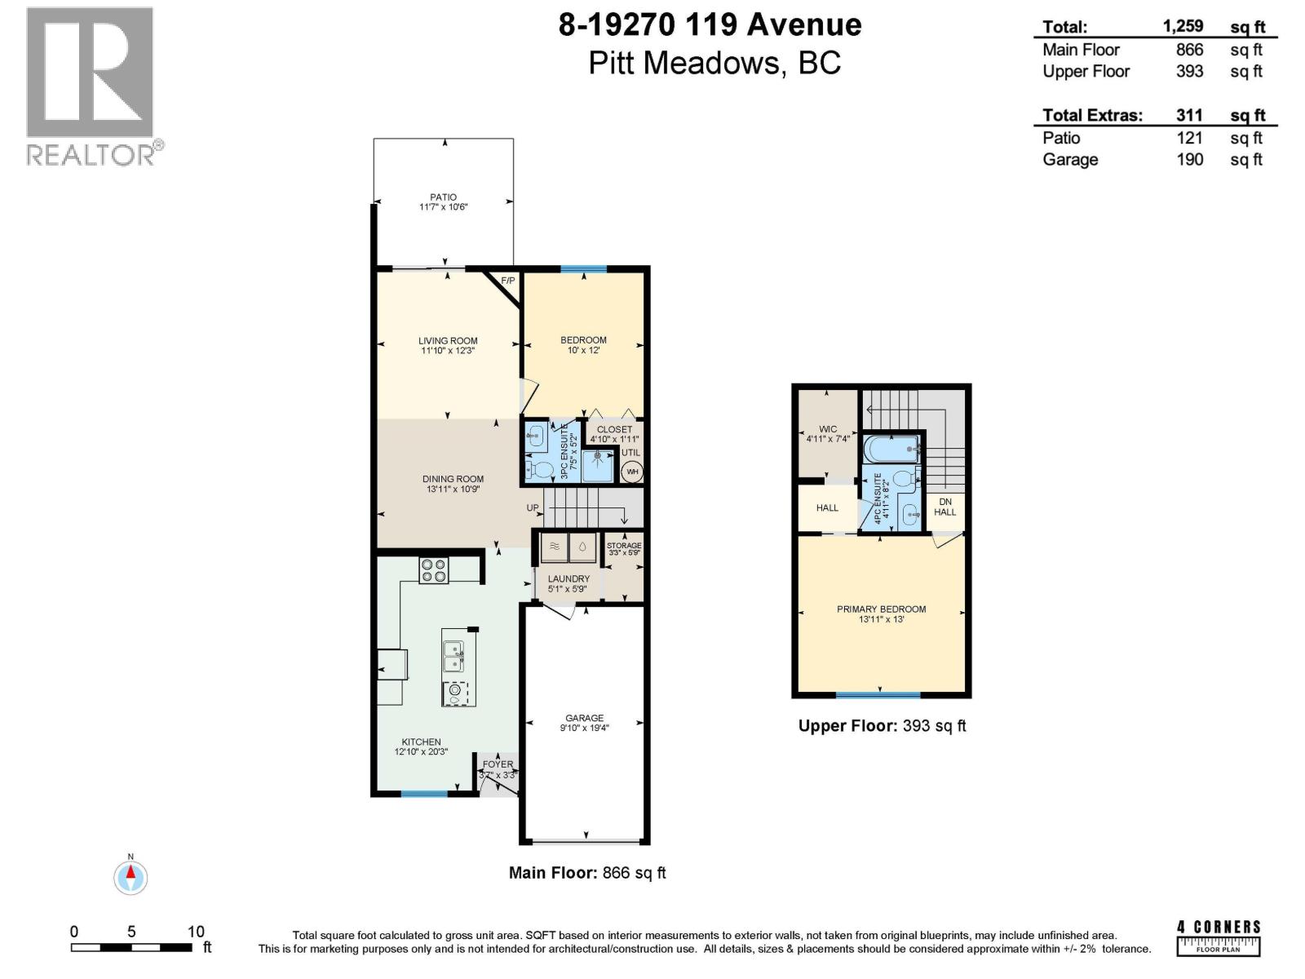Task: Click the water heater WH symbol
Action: click(632, 472)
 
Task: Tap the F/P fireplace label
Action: click(507, 281)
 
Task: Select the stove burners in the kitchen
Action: click(433, 570)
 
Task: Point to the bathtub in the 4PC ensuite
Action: click(892, 449)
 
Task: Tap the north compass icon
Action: click(130, 877)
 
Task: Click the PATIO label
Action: click(443, 197)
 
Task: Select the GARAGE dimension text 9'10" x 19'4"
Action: click(584, 728)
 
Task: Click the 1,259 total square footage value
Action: click(1183, 26)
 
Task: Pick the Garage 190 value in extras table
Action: click(1189, 159)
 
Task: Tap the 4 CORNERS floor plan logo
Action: click(1219, 937)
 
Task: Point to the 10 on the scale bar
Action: click(196, 932)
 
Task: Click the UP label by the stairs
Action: click(533, 507)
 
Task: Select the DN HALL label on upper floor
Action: click(944, 507)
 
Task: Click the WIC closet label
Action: click(828, 429)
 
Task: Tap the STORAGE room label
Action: click(624, 546)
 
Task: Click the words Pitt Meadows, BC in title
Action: click(714, 64)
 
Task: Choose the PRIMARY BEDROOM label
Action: click(881, 609)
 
